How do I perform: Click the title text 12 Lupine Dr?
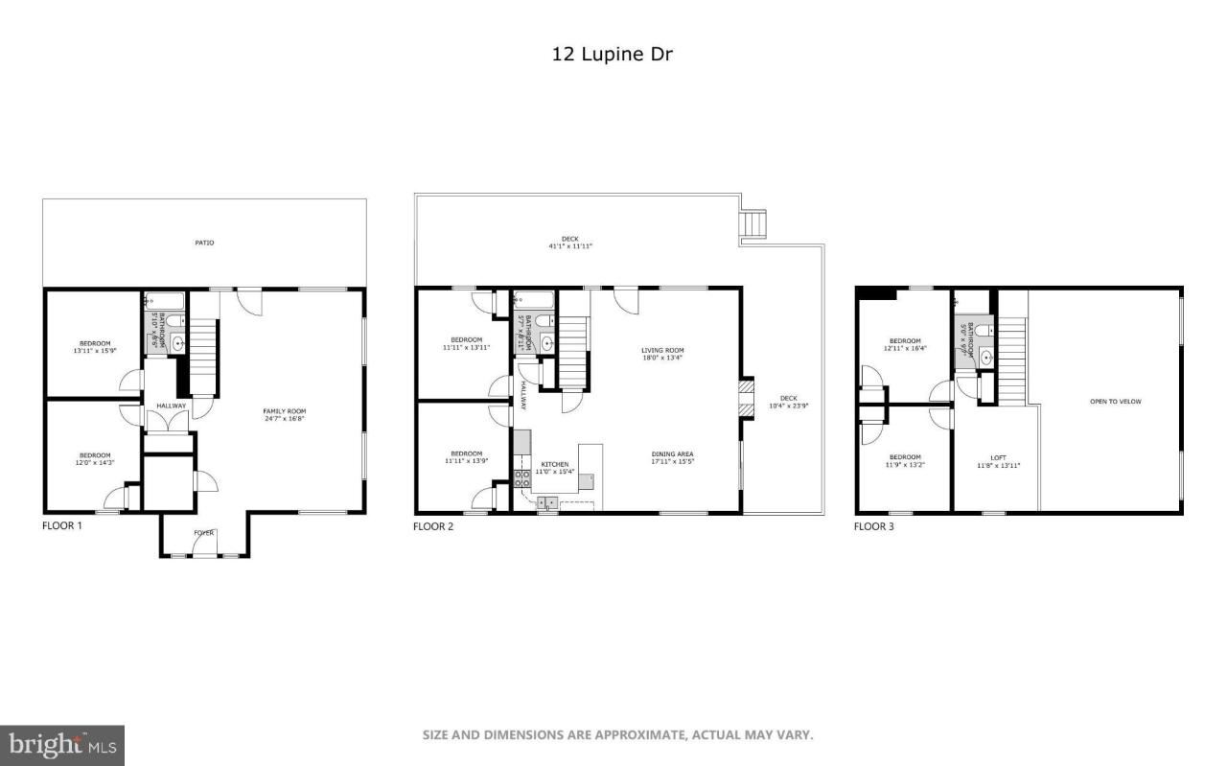coord(612,55)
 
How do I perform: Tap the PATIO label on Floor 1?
coord(204,243)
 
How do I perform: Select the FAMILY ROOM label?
coord(284,411)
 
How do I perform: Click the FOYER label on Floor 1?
coord(204,532)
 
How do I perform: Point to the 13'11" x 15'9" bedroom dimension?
coord(94,351)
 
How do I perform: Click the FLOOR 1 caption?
coord(62,526)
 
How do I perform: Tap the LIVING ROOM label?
coord(662,350)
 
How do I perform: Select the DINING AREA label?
coord(672,453)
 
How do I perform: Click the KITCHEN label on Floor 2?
coord(554,464)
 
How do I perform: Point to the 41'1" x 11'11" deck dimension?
coord(570,246)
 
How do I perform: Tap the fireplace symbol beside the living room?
coord(747,399)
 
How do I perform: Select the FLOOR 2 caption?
coord(433,526)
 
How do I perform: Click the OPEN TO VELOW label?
coord(1115,402)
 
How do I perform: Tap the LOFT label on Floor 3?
coord(998,457)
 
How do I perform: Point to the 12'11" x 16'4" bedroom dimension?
coord(904,349)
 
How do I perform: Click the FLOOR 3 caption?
coord(874,526)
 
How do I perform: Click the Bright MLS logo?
coord(62,744)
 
